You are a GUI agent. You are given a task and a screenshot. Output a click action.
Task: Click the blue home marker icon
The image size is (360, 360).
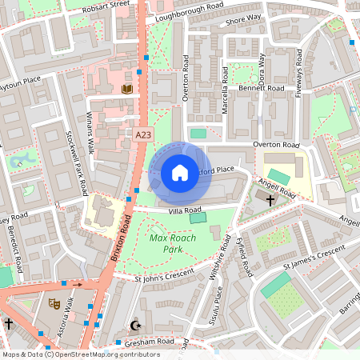(x=179, y=173)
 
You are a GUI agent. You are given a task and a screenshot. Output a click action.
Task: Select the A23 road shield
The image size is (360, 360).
(x=143, y=135)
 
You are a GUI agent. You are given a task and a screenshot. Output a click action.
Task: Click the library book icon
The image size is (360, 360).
(x=126, y=89)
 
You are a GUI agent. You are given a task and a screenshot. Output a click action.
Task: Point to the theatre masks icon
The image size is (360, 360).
(x=54, y=303)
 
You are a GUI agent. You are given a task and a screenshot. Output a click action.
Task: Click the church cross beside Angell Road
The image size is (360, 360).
(x=270, y=199)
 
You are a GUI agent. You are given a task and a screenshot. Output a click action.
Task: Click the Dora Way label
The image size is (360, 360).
(x=262, y=67)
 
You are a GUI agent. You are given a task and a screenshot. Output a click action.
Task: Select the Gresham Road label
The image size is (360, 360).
(x=149, y=342)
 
